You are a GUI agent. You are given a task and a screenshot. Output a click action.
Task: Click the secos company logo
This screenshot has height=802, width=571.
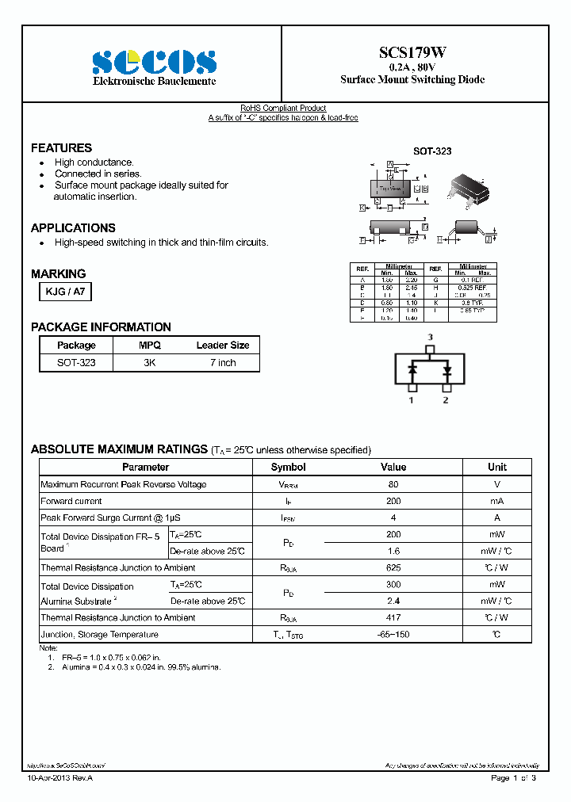click(x=154, y=62)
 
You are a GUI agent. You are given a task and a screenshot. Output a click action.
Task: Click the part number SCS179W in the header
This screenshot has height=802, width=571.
click(x=412, y=52)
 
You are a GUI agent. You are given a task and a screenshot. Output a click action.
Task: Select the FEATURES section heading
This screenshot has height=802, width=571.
click(x=61, y=148)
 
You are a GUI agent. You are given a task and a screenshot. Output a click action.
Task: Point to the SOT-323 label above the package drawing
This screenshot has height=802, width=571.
click(x=432, y=151)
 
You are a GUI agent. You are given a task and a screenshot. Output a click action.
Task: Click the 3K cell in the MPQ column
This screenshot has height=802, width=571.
click(x=149, y=362)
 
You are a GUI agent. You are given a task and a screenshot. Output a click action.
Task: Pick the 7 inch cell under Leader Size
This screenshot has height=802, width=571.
click(x=222, y=362)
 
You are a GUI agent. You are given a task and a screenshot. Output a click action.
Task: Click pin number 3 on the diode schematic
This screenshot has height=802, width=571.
click(x=430, y=338)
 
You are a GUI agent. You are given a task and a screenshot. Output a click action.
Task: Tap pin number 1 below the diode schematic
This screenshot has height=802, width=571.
click(x=411, y=400)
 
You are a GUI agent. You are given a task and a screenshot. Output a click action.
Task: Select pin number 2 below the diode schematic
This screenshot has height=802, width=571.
click(x=446, y=400)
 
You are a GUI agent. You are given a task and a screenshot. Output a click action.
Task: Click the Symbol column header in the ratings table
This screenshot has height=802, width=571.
click(x=288, y=468)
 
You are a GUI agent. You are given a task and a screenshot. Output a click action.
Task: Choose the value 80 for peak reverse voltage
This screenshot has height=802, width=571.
click(x=393, y=484)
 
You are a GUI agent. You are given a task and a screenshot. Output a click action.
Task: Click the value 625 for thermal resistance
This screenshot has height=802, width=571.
click(x=393, y=567)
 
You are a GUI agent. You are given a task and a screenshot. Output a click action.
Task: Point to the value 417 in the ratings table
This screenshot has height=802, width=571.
click(x=393, y=617)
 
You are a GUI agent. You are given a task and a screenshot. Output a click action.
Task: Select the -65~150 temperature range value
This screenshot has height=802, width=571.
click(x=393, y=635)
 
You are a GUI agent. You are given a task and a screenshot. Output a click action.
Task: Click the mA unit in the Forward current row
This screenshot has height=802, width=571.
click(x=496, y=501)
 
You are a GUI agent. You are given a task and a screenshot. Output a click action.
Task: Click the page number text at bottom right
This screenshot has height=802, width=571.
click(x=513, y=778)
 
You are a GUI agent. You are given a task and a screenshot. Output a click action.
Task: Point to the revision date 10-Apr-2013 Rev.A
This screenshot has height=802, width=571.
click(x=60, y=778)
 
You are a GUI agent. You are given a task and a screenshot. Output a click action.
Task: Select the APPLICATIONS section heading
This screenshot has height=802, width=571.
click(x=73, y=227)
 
